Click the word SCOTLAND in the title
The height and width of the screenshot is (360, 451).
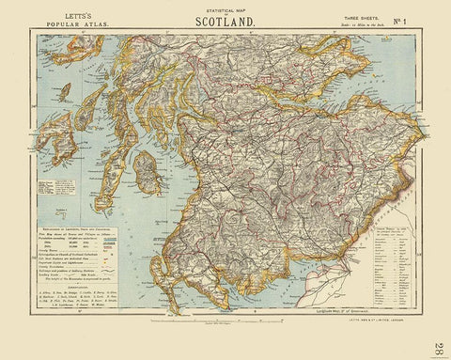(x=226, y=20)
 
